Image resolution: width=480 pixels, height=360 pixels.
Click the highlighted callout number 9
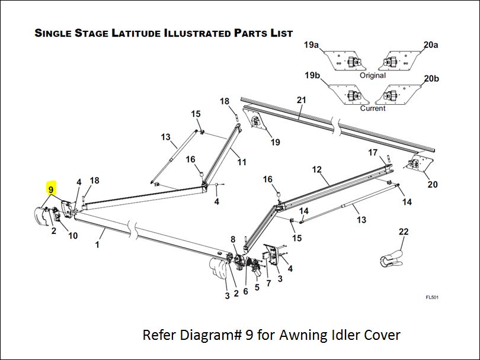[x=51, y=190]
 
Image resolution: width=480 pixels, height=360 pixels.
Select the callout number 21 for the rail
[x=302, y=100]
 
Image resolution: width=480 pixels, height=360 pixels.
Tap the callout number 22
[x=404, y=232]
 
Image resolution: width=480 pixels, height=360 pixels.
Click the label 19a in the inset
[x=312, y=45]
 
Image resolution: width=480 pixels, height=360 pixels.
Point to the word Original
[x=372, y=75]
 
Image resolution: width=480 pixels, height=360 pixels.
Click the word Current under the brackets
[x=372, y=108]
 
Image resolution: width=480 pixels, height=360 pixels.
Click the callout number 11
[x=242, y=162]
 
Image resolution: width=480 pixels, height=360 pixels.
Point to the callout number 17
[x=373, y=152]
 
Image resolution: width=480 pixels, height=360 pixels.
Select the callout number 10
[x=73, y=236]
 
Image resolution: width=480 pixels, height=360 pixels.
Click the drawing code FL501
[x=431, y=297]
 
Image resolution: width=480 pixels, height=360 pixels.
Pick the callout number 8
[x=233, y=239]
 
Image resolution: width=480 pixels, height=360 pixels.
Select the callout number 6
[x=245, y=291]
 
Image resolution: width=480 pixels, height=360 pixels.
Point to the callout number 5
[x=257, y=288]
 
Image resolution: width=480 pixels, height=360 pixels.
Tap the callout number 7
[x=268, y=283]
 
